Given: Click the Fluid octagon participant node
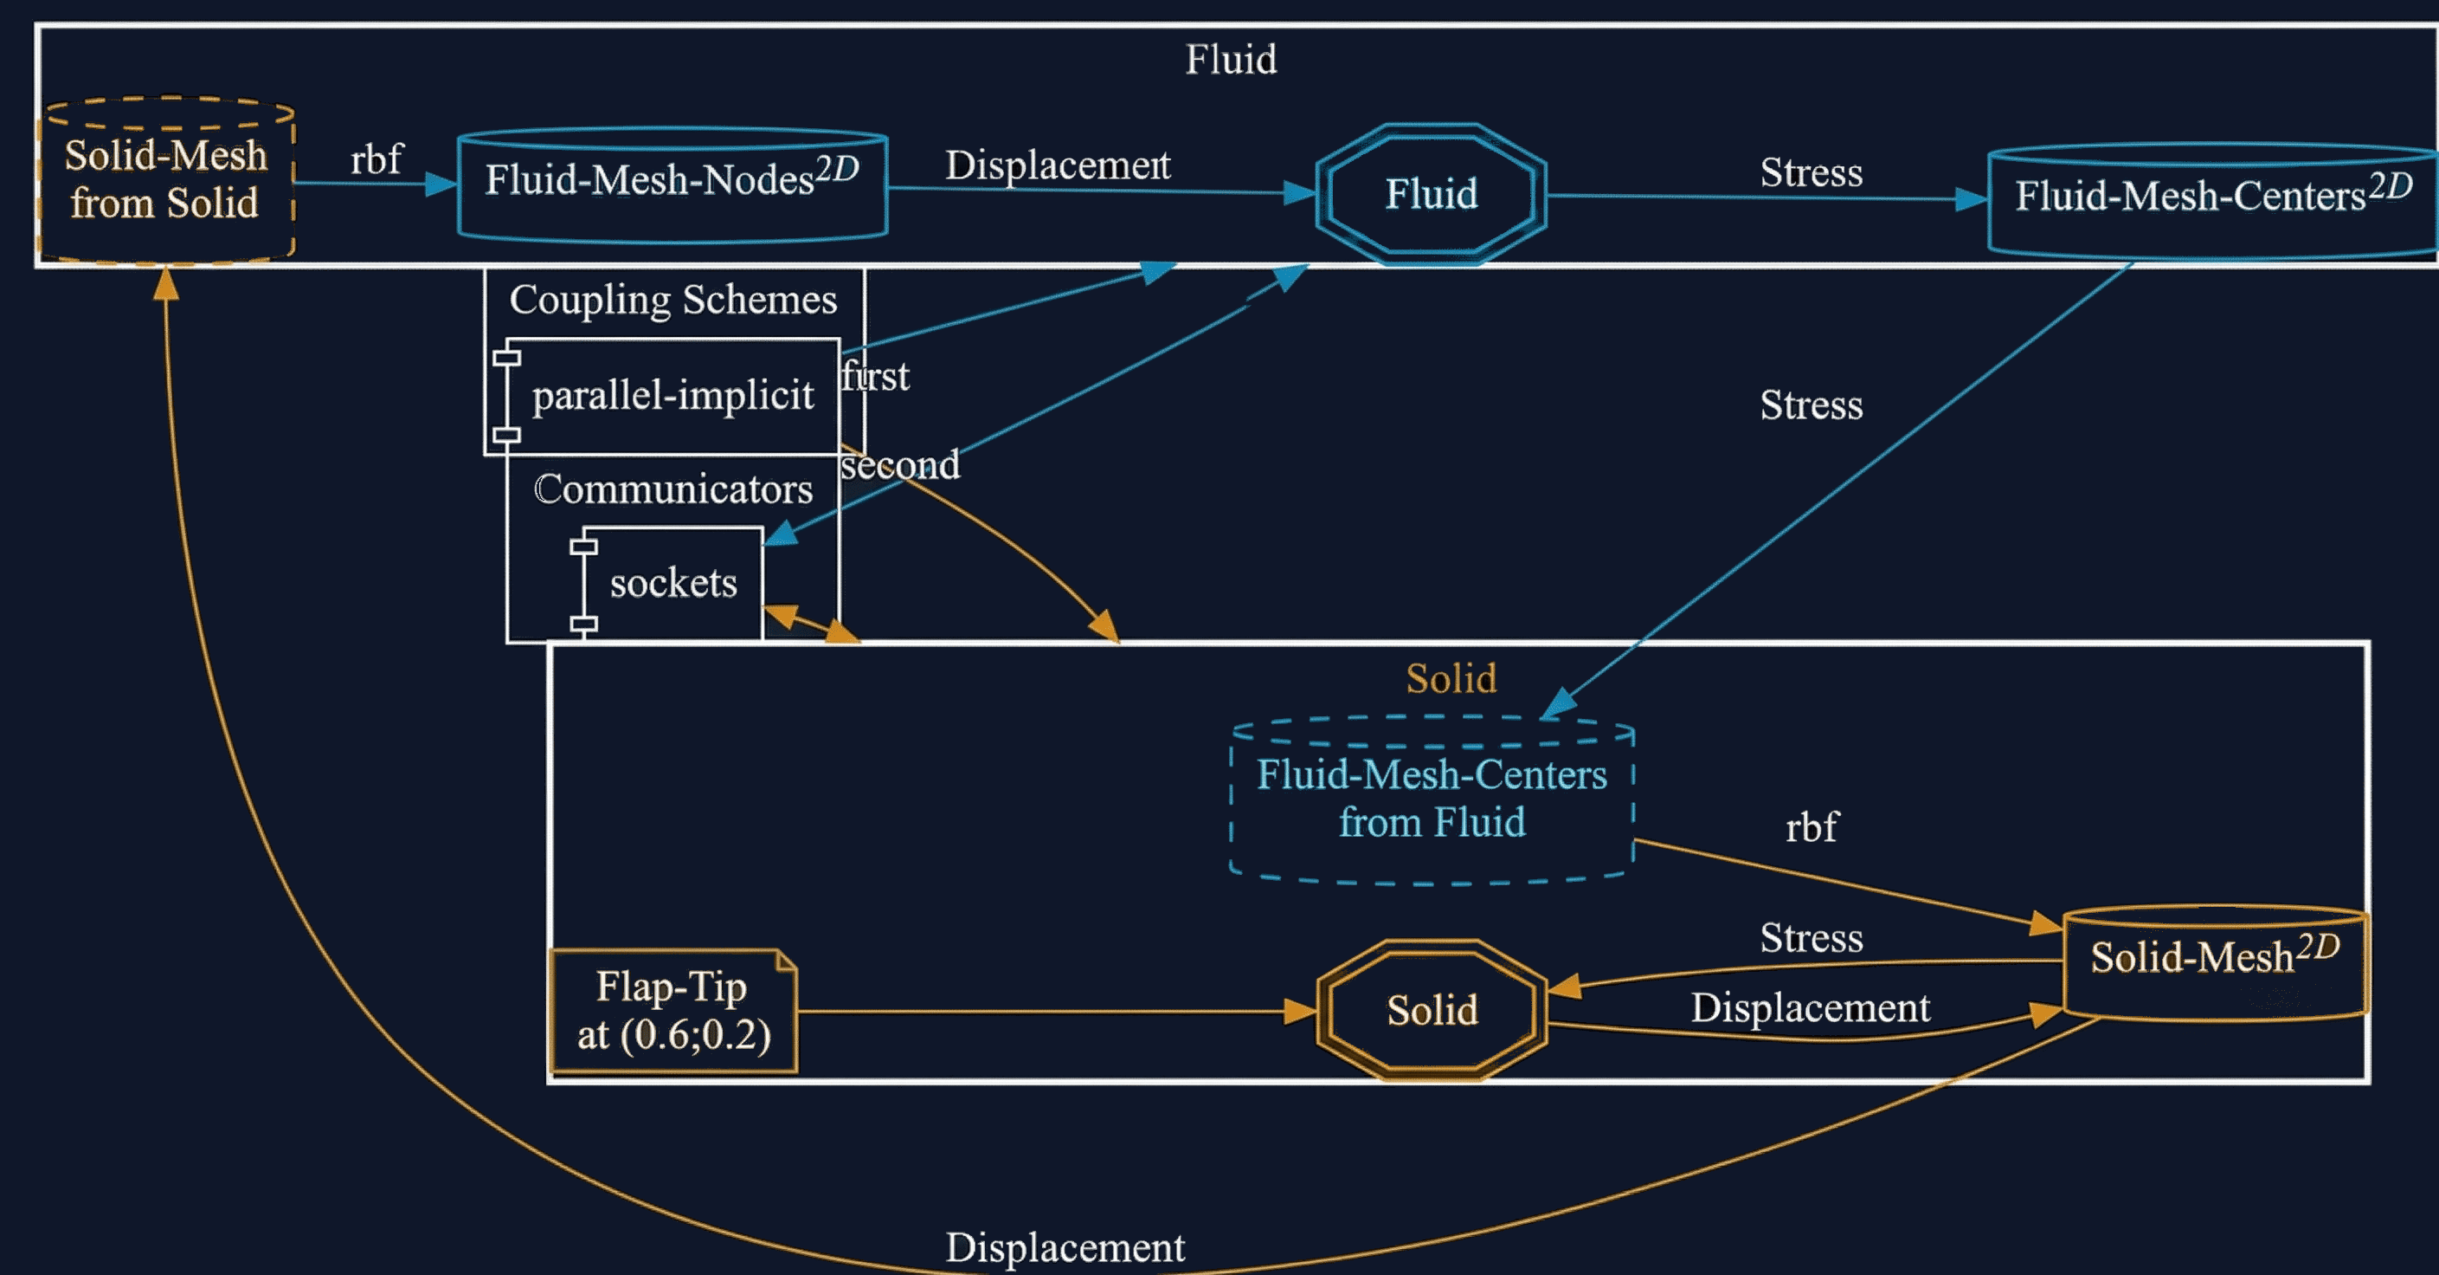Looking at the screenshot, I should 1431,194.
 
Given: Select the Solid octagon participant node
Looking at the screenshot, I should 1432,1010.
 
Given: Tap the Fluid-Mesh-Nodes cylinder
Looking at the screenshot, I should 672,184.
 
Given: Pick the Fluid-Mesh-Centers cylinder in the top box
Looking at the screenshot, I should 2211,199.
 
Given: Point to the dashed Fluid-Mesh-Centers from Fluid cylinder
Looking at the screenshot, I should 1432,800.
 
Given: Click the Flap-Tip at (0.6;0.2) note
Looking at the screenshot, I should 672,1011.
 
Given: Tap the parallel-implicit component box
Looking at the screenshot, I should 672,395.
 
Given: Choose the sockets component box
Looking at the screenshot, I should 672,583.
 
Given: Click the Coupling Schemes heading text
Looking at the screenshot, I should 672,300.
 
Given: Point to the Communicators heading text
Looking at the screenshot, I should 672,489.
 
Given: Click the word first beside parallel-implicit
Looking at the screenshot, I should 876,377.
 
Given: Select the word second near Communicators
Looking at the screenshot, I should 900,465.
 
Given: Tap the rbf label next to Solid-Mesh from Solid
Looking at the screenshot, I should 376,159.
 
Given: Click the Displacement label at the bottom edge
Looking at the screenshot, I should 1065,1247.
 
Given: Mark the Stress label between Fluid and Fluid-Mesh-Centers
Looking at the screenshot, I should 1811,172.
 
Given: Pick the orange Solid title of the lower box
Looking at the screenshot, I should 1451,678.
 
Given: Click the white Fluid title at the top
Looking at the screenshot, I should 1231,60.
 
